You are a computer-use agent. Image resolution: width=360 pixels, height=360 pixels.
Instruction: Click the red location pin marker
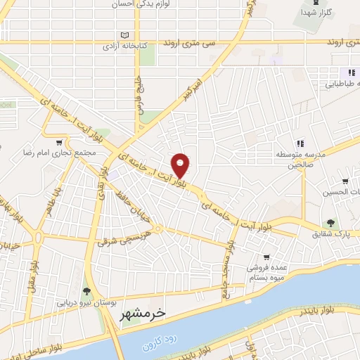tap(181, 165)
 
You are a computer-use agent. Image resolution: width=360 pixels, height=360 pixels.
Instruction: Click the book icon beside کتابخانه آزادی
tap(125, 35)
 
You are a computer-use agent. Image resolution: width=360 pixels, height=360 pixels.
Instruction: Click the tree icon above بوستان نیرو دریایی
tap(86, 291)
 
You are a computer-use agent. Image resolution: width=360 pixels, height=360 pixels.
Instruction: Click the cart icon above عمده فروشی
tap(266, 257)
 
